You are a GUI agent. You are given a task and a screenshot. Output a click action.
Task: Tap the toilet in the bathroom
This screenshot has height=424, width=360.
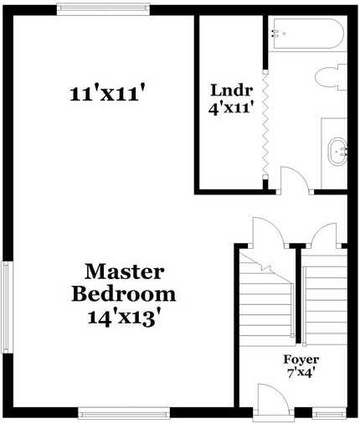pos(333,77)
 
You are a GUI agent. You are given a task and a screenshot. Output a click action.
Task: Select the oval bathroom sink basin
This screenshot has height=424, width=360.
pos(338,152)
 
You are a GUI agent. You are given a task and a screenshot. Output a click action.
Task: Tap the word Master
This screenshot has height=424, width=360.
pos(125,272)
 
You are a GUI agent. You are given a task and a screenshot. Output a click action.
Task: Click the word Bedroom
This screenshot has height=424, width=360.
pos(124,294)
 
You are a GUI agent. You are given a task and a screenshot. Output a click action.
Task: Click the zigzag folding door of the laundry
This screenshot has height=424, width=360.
pos(265,126)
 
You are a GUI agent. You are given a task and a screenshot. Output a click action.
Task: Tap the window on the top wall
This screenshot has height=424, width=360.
pos(103,9)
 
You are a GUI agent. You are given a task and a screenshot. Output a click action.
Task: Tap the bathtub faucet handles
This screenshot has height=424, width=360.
pos(278,34)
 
